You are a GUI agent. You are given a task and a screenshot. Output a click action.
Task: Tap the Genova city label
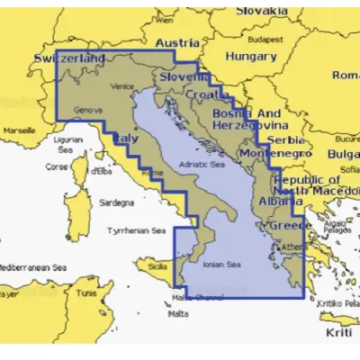[86, 111]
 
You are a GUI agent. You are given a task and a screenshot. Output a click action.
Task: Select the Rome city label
[153, 171]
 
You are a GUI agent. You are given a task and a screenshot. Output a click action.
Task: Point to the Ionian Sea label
[221, 265]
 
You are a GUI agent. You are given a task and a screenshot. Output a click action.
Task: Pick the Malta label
[178, 314]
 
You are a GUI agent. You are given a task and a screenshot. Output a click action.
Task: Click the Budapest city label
[266, 40]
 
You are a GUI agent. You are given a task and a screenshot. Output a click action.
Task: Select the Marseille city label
[19, 130]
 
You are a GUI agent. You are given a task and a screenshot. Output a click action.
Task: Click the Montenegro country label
[275, 154]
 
